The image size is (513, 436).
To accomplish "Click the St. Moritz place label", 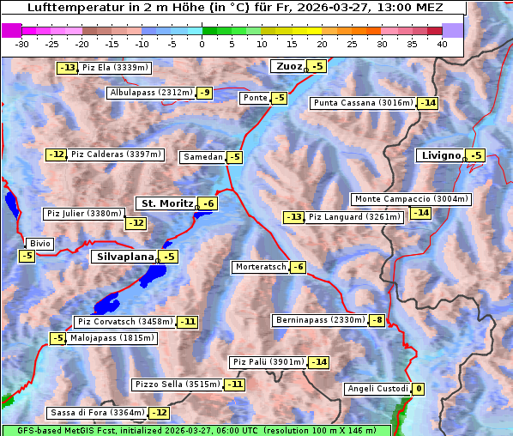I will [x=166, y=203].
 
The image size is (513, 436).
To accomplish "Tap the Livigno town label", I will [x=440, y=155].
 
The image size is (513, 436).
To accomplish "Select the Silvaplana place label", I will [x=124, y=257].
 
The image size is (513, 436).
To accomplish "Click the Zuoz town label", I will [x=287, y=66].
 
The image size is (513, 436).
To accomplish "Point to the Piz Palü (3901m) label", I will [x=268, y=362].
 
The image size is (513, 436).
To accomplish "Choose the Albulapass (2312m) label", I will [x=151, y=93].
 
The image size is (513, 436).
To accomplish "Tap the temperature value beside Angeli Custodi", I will [x=418, y=389].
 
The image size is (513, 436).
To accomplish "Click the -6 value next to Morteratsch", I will [x=298, y=267].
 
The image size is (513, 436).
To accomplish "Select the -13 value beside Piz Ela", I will [x=67, y=68].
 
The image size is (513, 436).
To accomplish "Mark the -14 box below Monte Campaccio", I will [x=420, y=213].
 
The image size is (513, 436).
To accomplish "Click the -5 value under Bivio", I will [x=27, y=256].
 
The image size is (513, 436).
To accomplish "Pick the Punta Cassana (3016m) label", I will [x=363, y=103].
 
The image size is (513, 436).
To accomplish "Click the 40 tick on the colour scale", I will [x=442, y=44].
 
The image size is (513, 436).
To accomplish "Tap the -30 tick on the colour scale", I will [x=23, y=44].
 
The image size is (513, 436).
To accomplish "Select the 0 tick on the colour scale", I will [x=202, y=44].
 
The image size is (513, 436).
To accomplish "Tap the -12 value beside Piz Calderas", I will [x=56, y=154].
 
